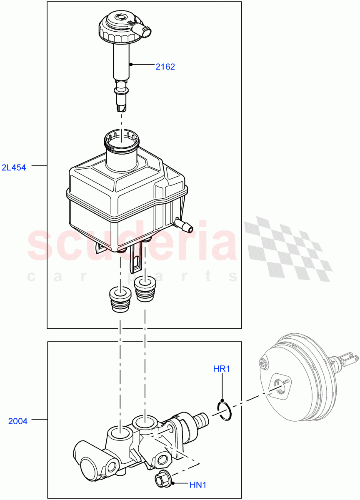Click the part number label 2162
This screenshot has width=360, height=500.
[165, 66]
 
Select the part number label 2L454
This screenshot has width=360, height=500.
[14, 167]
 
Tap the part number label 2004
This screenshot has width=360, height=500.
[18, 421]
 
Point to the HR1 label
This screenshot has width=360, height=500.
[222, 369]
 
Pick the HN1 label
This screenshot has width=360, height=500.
[198, 485]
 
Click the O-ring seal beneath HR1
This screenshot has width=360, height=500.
[224, 410]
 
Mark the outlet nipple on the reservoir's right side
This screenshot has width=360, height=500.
[185, 225]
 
